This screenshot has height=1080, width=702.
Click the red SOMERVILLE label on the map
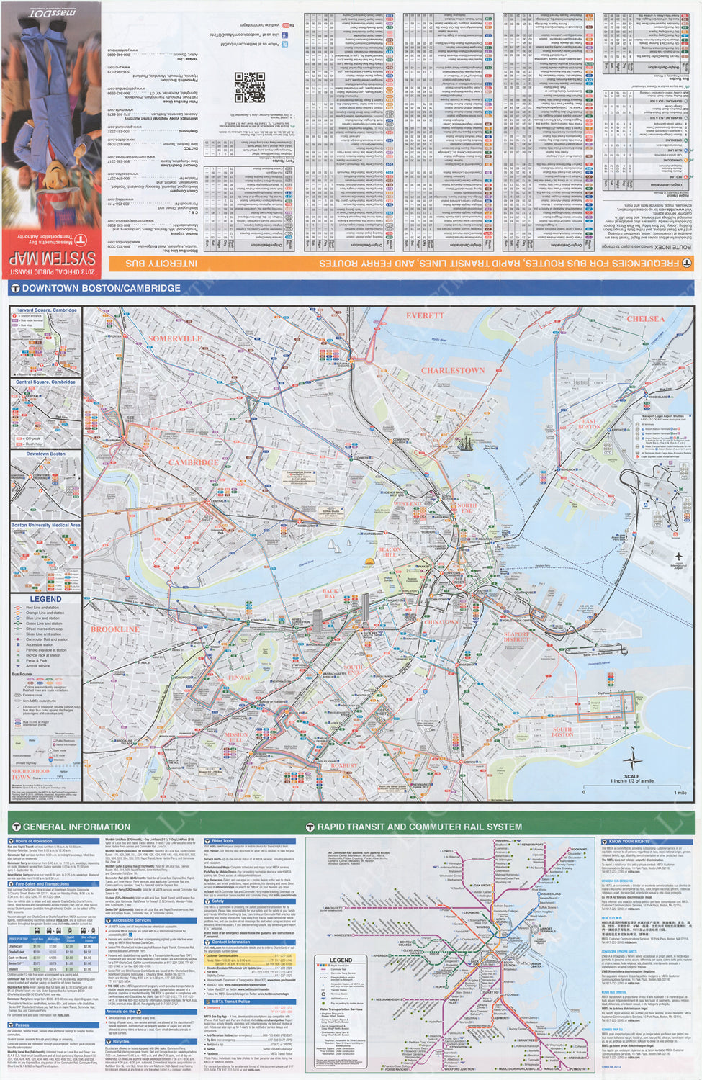tap(175, 338)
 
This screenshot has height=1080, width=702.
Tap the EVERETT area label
tap(425, 315)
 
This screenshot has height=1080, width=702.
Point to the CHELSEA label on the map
tap(645, 318)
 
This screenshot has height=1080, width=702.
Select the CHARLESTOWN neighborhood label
tap(453, 370)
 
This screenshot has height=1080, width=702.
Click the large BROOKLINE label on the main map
tap(115, 629)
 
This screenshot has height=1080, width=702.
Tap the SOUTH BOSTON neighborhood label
tap(562, 732)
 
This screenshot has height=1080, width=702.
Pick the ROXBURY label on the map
tap(343, 765)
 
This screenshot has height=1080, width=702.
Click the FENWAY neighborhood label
tap(239, 678)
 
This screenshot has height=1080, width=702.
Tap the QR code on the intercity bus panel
tap(249, 87)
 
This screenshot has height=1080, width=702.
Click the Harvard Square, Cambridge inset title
tap(46, 310)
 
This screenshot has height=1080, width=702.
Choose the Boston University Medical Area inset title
tap(46, 526)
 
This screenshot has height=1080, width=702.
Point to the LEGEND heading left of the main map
tap(45, 599)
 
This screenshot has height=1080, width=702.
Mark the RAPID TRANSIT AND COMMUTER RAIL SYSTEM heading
tap(419, 827)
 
